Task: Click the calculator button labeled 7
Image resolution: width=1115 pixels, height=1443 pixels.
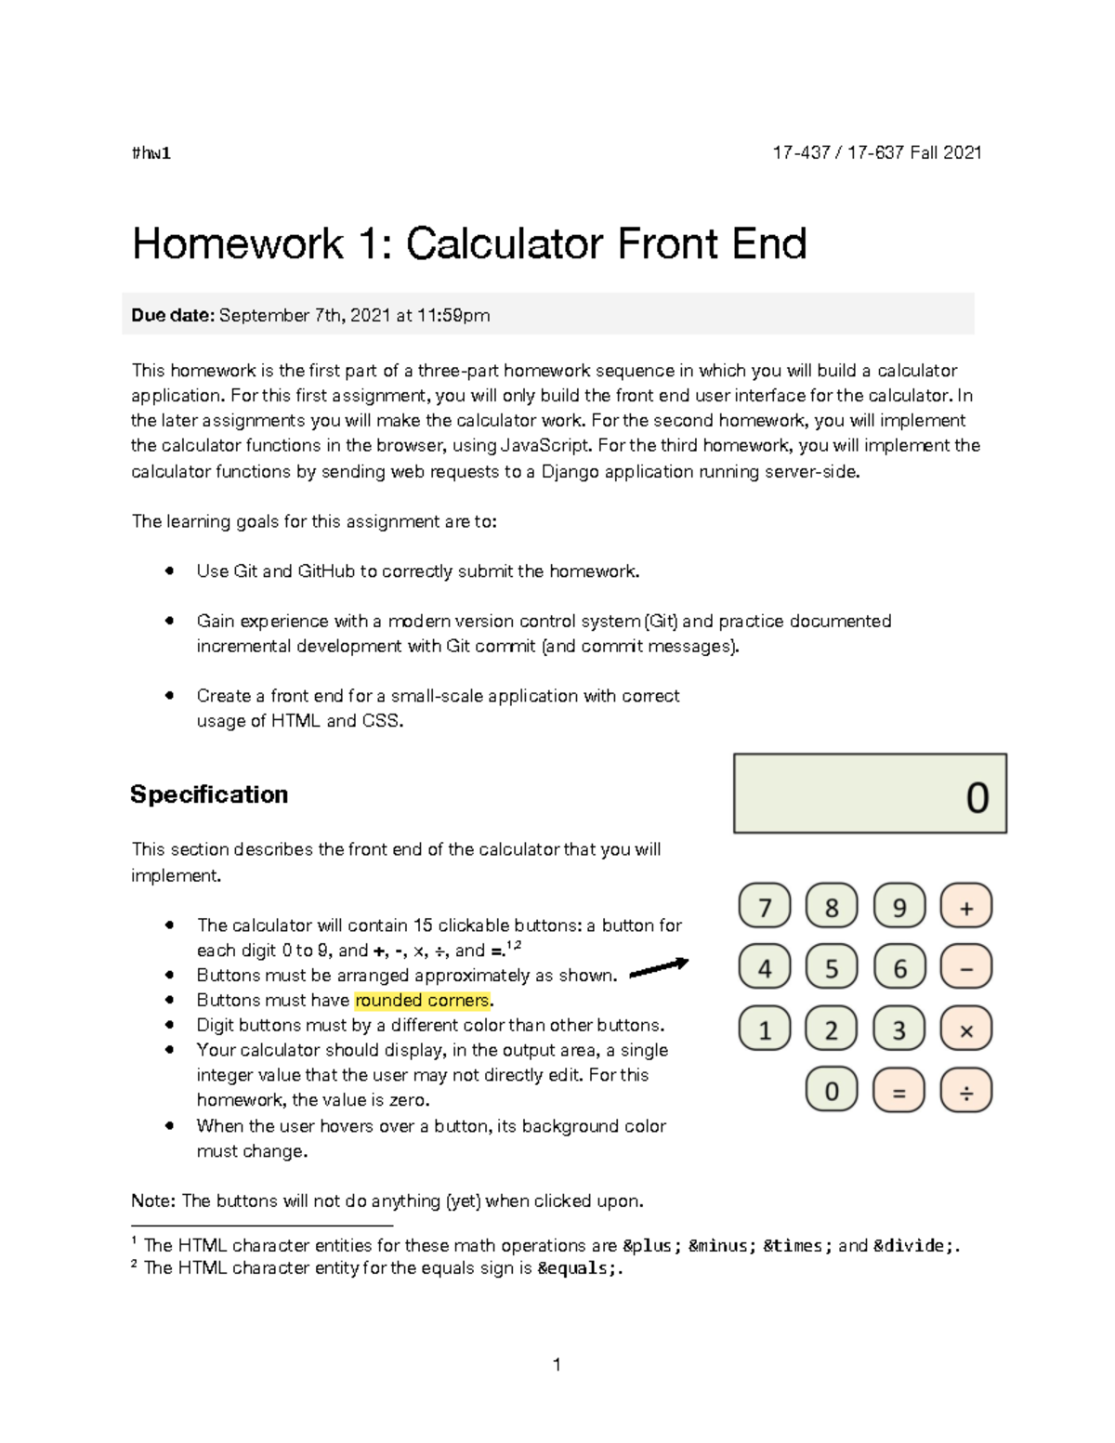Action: tap(765, 906)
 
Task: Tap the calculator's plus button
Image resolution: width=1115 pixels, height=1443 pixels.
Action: tap(966, 906)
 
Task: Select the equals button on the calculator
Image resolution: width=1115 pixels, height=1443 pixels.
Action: tap(899, 1091)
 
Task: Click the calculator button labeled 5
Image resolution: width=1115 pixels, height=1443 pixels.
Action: tap(832, 967)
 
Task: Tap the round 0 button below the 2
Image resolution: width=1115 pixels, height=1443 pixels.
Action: tap(832, 1091)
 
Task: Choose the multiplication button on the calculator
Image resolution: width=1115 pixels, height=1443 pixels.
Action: tap(966, 1030)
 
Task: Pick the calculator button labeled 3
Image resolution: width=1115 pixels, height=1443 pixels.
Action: tap(899, 1030)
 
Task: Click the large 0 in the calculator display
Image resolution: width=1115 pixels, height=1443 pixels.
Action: tap(977, 797)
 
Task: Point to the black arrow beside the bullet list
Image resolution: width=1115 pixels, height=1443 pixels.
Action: tap(659, 967)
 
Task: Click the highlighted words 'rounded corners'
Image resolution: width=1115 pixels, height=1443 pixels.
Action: tap(422, 1001)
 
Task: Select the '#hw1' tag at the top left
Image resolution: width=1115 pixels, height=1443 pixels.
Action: tap(151, 153)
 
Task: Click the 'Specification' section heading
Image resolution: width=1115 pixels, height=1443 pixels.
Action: tap(209, 794)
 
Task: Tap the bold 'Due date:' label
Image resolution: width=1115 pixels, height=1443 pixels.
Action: tap(173, 316)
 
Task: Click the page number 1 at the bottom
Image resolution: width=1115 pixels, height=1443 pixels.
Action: tap(557, 1364)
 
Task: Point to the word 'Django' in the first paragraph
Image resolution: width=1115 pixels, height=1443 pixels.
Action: tap(571, 471)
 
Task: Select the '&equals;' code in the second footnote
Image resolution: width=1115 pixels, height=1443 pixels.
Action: tap(576, 1268)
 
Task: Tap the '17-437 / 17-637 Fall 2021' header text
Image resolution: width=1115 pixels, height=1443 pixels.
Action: tap(877, 152)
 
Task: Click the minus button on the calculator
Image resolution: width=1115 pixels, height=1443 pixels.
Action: tap(966, 967)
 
